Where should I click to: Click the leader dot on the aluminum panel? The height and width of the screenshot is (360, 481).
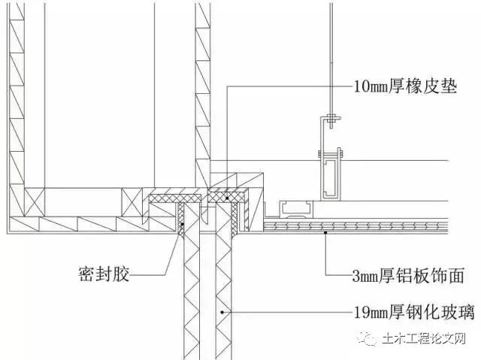pos(325,234)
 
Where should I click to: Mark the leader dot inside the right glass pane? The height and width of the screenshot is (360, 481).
pos(222,309)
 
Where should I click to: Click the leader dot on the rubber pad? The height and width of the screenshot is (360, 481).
pos(226,198)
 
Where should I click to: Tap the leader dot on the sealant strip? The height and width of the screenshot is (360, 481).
pos(182,222)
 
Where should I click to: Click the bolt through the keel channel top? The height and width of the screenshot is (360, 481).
pos(331,155)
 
